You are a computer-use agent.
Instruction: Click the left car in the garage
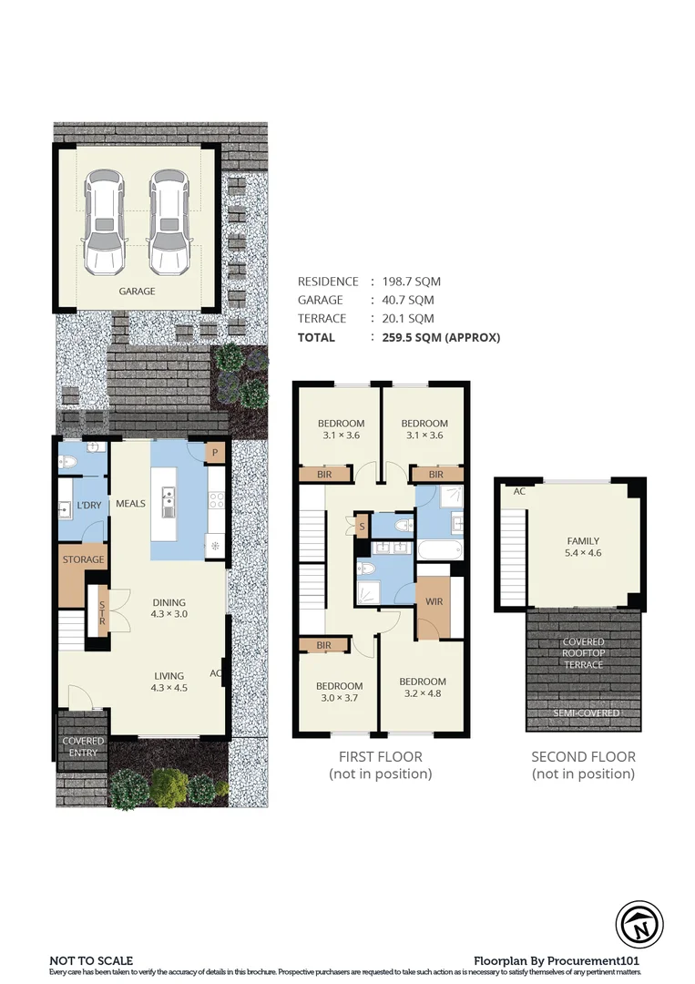tap(102, 221)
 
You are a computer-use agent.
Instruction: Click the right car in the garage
tap(167, 221)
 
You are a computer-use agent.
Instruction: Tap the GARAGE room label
tap(137, 292)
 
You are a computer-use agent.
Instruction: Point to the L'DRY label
tap(88, 505)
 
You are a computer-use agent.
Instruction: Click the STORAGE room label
tap(83, 559)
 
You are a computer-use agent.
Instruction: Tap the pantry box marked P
tap(216, 453)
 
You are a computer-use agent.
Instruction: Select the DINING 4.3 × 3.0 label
tap(169, 608)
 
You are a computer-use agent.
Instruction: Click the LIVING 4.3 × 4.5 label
tap(169, 682)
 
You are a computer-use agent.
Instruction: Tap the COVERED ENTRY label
tap(83, 747)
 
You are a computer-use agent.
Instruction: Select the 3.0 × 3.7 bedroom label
tap(340, 692)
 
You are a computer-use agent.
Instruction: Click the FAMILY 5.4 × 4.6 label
tap(583, 547)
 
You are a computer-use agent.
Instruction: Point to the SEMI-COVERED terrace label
tap(584, 712)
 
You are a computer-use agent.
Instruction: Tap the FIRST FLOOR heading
tap(380, 756)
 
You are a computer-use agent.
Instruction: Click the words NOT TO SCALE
tap(91, 960)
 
